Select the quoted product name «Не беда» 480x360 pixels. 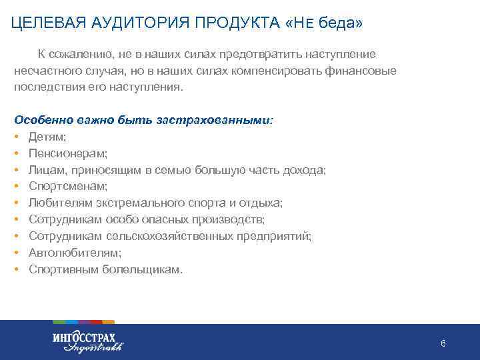(x=324, y=23)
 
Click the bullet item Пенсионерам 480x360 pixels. (x=64, y=154)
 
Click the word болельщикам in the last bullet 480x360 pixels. (x=140, y=269)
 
